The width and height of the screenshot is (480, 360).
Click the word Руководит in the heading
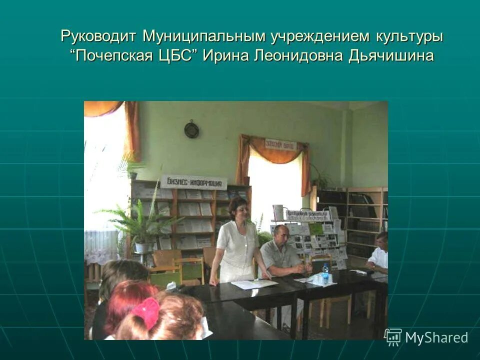(x=99, y=36)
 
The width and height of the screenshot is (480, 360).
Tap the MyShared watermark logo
(x=426, y=337)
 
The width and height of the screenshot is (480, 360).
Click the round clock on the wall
(x=191, y=130)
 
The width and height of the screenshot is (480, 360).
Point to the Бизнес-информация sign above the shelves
(x=193, y=181)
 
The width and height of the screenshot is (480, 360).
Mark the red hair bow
(x=146, y=312)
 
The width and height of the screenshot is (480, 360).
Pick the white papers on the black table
(x=254, y=283)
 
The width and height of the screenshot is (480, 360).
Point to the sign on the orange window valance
(x=280, y=144)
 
